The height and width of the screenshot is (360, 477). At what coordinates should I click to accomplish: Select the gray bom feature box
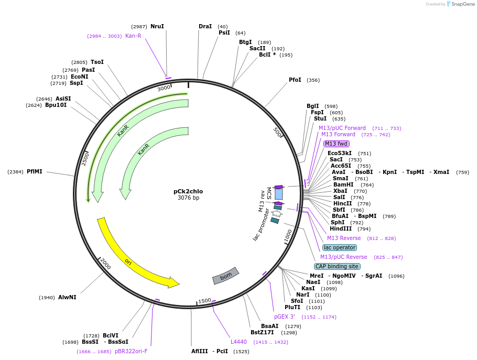[x=225, y=276]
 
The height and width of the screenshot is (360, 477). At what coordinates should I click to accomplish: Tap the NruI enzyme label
[x=157, y=26]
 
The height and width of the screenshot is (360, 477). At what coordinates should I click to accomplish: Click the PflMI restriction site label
[x=35, y=171]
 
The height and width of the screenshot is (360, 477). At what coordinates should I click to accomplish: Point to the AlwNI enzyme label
[x=67, y=297]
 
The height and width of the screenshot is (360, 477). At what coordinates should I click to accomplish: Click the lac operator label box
[x=340, y=247]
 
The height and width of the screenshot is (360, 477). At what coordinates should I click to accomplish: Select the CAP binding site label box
[x=337, y=266]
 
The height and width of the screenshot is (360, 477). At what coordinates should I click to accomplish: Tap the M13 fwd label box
[x=336, y=144]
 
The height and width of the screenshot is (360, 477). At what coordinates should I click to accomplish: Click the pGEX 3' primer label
[x=285, y=317]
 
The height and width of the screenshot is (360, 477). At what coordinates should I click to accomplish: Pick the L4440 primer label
[x=239, y=342]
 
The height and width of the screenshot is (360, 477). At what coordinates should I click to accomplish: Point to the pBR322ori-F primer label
[x=131, y=351]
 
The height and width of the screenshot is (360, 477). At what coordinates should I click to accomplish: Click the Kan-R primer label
[x=133, y=36]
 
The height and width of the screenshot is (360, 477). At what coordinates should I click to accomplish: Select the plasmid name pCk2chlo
[x=188, y=191]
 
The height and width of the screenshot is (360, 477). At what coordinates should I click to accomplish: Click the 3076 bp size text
[x=188, y=198]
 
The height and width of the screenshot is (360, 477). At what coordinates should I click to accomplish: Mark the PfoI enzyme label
[x=295, y=80]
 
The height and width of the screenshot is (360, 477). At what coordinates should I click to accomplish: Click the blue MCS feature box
[x=279, y=194]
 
